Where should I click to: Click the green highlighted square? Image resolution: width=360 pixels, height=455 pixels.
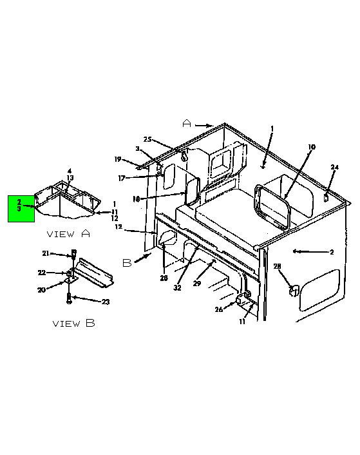click(x=21, y=209)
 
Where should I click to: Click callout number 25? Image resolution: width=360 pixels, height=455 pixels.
click(x=147, y=139)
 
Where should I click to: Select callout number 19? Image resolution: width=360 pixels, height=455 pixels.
click(x=117, y=159)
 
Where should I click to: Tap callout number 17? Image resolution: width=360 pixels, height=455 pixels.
click(x=122, y=178)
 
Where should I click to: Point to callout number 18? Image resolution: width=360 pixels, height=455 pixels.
click(x=136, y=199)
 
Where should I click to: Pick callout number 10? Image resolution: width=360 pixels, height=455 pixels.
click(x=311, y=147)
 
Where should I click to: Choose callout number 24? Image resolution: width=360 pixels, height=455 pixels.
click(x=334, y=167)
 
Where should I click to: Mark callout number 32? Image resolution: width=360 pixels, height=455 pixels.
click(x=177, y=287)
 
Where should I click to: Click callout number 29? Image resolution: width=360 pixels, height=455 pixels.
click(x=197, y=283)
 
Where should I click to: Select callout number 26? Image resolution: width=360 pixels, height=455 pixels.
click(x=218, y=309)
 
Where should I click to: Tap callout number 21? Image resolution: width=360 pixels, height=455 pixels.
click(x=46, y=253)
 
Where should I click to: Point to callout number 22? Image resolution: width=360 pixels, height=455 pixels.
click(x=42, y=273)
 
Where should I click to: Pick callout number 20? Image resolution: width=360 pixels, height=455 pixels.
click(x=41, y=289)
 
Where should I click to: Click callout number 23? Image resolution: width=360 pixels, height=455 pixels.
click(x=106, y=302)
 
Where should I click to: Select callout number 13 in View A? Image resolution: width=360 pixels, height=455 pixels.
click(x=70, y=178)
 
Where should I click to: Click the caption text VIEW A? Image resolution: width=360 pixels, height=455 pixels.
click(x=68, y=233)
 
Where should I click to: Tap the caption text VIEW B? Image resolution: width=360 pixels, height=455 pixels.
click(x=73, y=324)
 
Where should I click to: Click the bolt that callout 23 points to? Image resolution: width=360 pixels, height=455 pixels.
click(x=69, y=298)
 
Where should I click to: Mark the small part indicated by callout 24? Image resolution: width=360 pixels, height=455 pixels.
click(x=325, y=197)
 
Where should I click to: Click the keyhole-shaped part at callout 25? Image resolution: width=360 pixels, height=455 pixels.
click(x=184, y=156)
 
